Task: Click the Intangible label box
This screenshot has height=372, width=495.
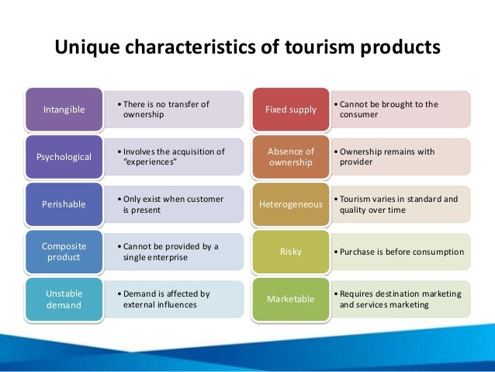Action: pos(64,110)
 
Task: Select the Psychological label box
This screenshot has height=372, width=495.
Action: pos(64,156)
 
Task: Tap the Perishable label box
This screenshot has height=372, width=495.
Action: pos(64,204)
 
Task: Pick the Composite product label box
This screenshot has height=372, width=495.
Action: pos(64,252)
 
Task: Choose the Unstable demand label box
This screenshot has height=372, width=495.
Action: pos(64,299)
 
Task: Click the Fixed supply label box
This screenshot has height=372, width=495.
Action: pos(291,110)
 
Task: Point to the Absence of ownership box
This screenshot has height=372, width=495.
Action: pos(291,157)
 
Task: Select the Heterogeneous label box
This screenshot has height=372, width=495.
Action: pos(291,204)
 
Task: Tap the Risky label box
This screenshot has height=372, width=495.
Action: pos(291,252)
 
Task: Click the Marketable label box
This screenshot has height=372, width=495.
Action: pos(291,299)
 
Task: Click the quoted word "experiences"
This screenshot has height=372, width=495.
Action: pos(151,162)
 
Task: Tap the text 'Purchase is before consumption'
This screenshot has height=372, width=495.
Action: pos(401,252)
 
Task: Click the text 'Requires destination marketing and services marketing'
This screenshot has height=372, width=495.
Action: pos(400,299)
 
